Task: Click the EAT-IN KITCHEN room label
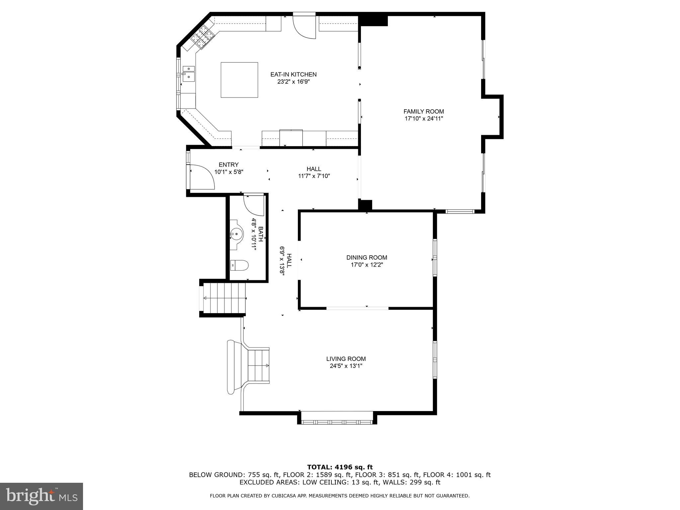(x=293, y=74)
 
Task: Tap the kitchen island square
(x=239, y=80)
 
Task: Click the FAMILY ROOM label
(x=423, y=112)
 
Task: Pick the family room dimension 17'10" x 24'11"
(x=423, y=119)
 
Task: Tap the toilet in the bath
(x=239, y=265)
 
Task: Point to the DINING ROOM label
(x=367, y=257)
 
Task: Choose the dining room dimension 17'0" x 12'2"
(x=367, y=265)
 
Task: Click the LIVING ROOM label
(x=346, y=359)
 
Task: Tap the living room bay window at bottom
(x=337, y=422)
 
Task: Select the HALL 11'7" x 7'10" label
(x=314, y=172)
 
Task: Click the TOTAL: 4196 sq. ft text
(x=340, y=467)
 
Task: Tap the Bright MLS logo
(x=41, y=496)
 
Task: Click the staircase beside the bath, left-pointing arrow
(x=224, y=298)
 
